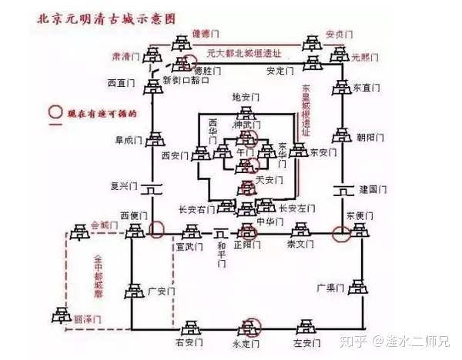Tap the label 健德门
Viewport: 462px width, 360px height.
pyautogui.click(x=206, y=33)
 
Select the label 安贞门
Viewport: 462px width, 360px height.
pyautogui.click(x=340, y=34)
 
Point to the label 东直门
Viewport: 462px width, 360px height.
pyautogui.click(x=368, y=88)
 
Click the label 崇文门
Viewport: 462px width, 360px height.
pyautogui.click(x=301, y=245)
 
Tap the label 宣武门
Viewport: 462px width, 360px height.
pyautogui.click(x=189, y=247)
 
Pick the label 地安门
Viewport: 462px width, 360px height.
pyautogui.click(x=247, y=98)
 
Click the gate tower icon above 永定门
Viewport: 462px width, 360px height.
pyautogui.click(x=247, y=325)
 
